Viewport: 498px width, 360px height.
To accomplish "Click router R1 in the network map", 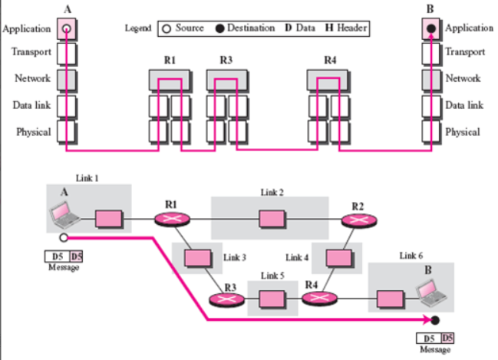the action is (173, 220).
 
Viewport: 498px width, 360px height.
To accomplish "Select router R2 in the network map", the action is (359, 220).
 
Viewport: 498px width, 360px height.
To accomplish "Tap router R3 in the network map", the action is (227, 299).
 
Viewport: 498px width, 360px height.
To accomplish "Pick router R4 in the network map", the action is (319, 299).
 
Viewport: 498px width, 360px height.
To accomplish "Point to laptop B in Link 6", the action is (431, 292).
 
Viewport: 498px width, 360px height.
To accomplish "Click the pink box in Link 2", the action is (272, 219).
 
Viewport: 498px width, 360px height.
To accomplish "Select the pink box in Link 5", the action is (272, 299).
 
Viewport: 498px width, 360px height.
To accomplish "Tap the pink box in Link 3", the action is (198, 258).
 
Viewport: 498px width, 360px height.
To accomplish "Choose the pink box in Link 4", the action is (339, 258).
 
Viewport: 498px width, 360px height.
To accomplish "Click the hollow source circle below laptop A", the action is (64, 238).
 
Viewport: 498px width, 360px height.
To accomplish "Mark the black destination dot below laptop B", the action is (435, 320).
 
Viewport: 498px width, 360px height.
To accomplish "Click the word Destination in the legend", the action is (251, 28).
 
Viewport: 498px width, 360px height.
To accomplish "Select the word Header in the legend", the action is (352, 28).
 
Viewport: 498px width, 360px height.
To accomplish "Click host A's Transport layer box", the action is (67, 54).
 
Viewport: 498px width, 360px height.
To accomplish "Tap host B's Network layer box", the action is (431, 80).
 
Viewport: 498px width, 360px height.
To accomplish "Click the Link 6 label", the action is (411, 256).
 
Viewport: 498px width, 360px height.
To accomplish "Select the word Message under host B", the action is (435, 349).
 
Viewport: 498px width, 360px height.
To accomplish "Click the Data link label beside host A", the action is (31, 105).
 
